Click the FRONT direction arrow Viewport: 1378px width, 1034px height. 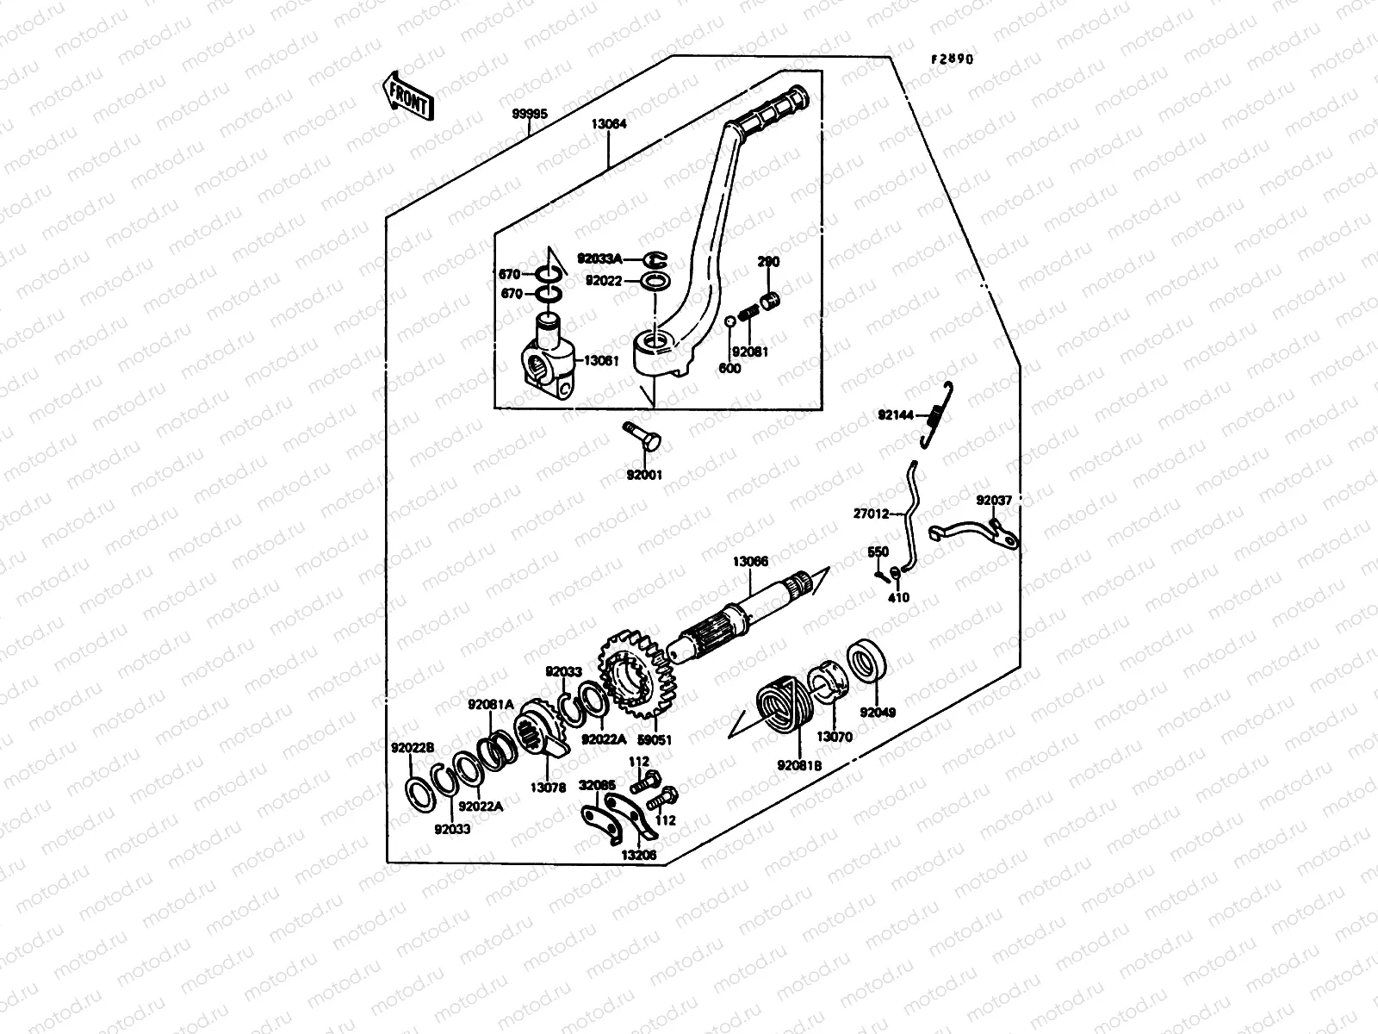pos(407,96)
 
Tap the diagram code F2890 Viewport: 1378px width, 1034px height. pos(952,59)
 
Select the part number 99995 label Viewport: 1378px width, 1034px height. pos(530,114)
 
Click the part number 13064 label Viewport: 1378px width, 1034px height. pos(609,124)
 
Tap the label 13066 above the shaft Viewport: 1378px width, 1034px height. pos(750,561)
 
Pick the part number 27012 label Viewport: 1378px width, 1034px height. pos(871,514)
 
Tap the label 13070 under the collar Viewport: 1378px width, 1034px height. pos(835,737)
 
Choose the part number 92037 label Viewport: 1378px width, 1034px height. pos(994,500)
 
